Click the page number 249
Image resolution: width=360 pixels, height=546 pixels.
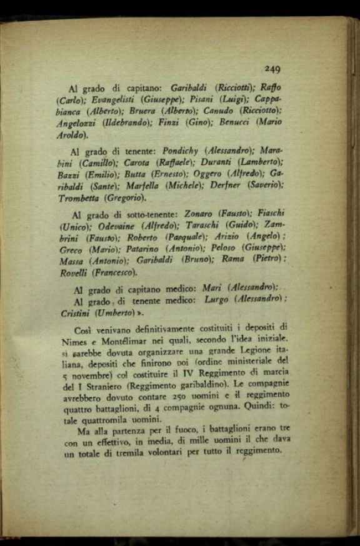click(x=272, y=69)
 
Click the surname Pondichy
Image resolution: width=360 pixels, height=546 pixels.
click(x=181, y=152)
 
